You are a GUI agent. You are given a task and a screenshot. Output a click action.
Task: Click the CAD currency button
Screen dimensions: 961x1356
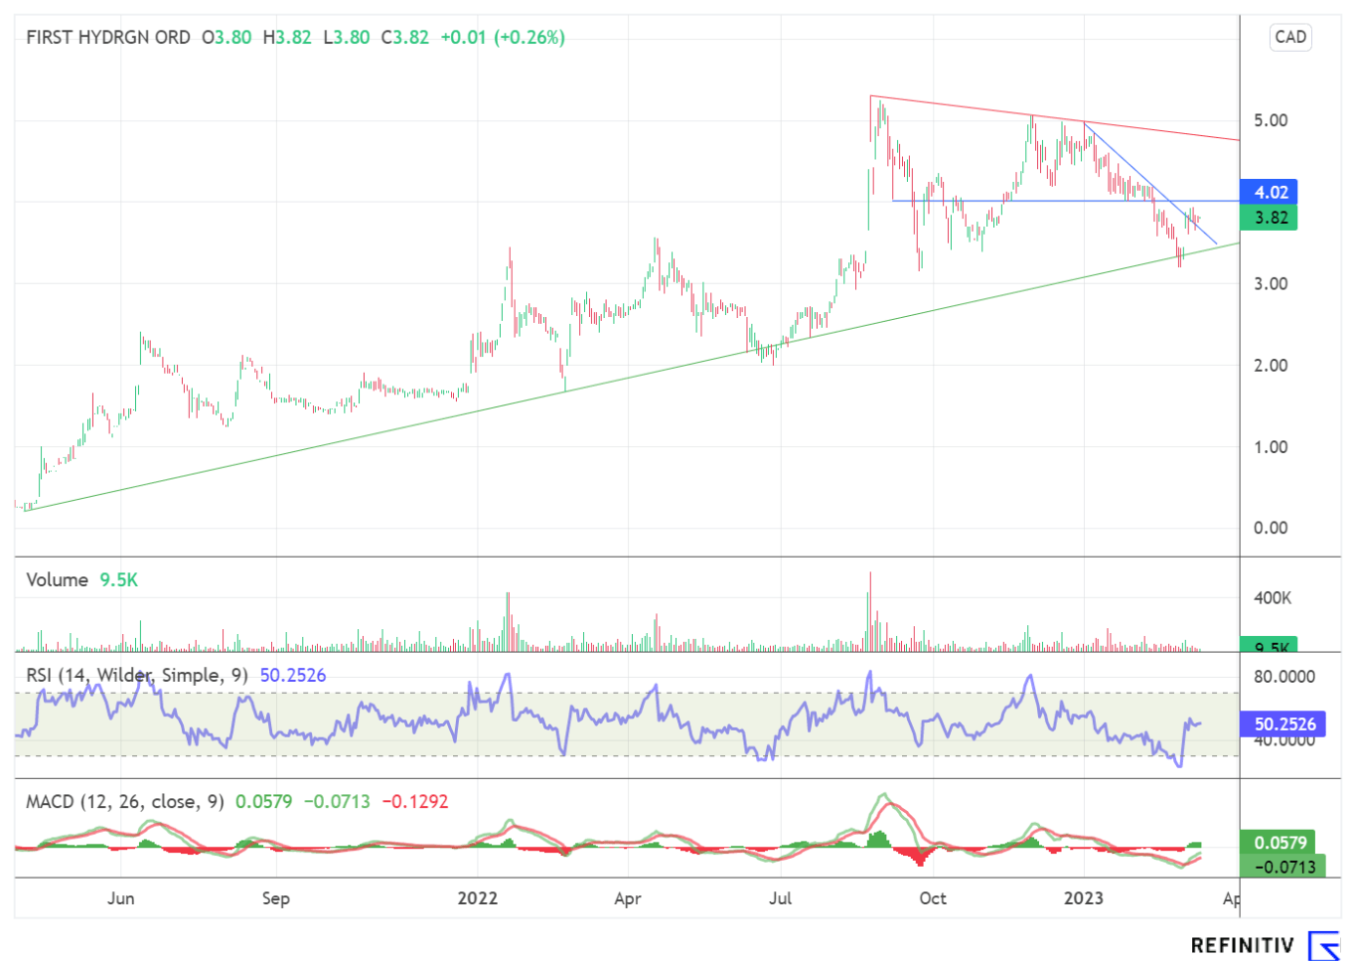pyautogui.click(x=1290, y=38)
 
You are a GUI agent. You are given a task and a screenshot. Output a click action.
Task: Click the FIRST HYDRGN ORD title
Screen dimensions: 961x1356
pyautogui.click(x=108, y=38)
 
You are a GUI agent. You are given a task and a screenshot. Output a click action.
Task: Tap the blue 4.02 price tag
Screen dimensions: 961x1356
pyautogui.click(x=1271, y=193)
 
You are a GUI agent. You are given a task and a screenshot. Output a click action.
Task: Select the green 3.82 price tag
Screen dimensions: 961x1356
pyautogui.click(x=1271, y=218)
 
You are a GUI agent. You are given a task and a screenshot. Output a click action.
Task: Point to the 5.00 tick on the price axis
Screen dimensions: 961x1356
pyautogui.click(x=1271, y=120)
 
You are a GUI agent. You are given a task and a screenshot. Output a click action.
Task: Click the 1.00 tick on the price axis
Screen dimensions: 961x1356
pyautogui.click(x=1271, y=447)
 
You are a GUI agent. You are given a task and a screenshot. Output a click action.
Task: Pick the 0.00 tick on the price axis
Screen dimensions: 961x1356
pyautogui.click(x=1271, y=528)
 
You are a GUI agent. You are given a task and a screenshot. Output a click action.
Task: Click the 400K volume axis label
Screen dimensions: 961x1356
pyautogui.click(x=1273, y=598)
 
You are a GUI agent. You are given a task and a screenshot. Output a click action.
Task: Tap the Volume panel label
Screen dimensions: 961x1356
pyautogui.click(x=57, y=579)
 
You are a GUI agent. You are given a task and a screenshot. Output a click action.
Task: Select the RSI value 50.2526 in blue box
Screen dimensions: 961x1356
pyautogui.click(x=1284, y=724)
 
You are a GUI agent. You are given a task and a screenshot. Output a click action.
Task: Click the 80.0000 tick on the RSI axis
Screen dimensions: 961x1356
pyautogui.click(x=1284, y=677)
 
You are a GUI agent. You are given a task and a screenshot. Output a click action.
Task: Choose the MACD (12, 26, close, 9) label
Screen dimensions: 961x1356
pyautogui.click(x=125, y=801)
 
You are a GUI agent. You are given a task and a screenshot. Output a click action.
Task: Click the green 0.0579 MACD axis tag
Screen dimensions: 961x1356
pyautogui.click(x=1281, y=843)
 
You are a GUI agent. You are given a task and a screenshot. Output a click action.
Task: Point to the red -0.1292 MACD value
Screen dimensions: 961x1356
pyautogui.click(x=415, y=801)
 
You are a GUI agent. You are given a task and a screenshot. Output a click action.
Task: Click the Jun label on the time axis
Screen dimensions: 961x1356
pyautogui.click(x=120, y=898)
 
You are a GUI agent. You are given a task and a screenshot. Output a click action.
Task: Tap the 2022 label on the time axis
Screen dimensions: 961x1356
pyautogui.click(x=477, y=898)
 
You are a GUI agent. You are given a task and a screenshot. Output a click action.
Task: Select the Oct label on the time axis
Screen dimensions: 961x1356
pyautogui.click(x=933, y=898)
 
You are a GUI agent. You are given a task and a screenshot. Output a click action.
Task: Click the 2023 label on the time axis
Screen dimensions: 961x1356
pyautogui.click(x=1083, y=898)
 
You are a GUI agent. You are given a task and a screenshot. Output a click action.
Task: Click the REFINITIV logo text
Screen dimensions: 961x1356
pyautogui.click(x=1242, y=945)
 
